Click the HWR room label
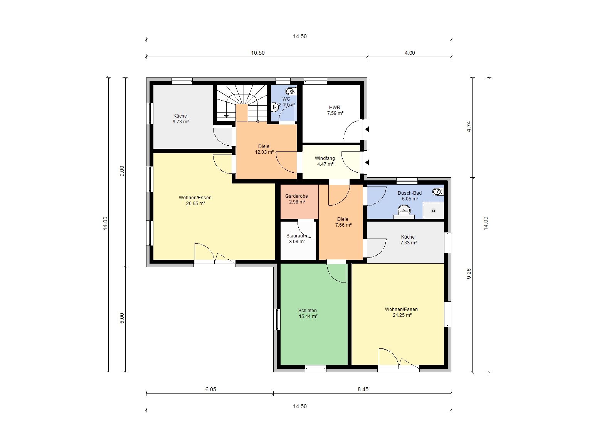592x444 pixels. pyautogui.click(x=335, y=107)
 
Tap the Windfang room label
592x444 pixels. pyautogui.click(x=325, y=158)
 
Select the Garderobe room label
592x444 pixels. pyautogui.click(x=296, y=196)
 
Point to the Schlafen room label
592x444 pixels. pyautogui.click(x=308, y=310)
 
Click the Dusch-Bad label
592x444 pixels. pyautogui.click(x=409, y=193)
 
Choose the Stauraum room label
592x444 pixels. pyautogui.click(x=296, y=235)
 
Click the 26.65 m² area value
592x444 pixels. pyautogui.click(x=195, y=203)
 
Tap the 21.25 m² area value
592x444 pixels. pyautogui.click(x=402, y=315)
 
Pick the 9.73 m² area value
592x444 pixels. pyautogui.click(x=181, y=121)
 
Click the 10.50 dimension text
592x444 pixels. pyautogui.click(x=258, y=53)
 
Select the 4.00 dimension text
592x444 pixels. pyautogui.click(x=410, y=53)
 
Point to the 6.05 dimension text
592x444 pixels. pyautogui.click(x=211, y=389)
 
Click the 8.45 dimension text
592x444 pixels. pyautogui.click(x=363, y=389)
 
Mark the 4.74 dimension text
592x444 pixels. pyautogui.click(x=469, y=126)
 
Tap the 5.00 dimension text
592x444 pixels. pyautogui.click(x=122, y=318)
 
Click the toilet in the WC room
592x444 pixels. pyautogui.click(x=291, y=91)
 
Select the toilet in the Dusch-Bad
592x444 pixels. pyautogui.click(x=438, y=192)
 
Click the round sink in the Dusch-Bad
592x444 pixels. pyautogui.click(x=404, y=209)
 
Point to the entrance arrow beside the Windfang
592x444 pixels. pyautogui.click(x=367, y=163)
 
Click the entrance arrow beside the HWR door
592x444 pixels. pyautogui.click(x=367, y=129)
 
